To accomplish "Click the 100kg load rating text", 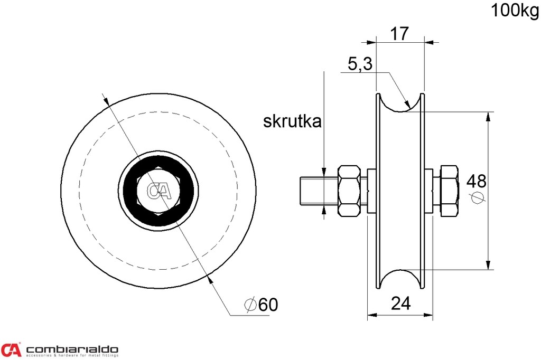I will [x=515, y=10].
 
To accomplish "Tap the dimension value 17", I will [x=399, y=34].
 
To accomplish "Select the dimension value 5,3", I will [x=360, y=64].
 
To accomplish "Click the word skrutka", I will [x=292, y=121].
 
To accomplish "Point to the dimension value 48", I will [x=477, y=181].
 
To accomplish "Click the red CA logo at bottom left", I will [x=11, y=349].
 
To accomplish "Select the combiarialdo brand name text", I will [x=72, y=349].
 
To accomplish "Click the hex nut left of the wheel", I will [x=350, y=191].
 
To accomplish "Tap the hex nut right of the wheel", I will [x=449, y=191].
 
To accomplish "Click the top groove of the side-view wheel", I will [x=400, y=103].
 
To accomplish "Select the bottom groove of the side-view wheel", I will [x=400, y=279].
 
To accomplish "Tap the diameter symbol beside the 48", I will [x=478, y=197].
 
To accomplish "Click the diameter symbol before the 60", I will [x=250, y=305].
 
